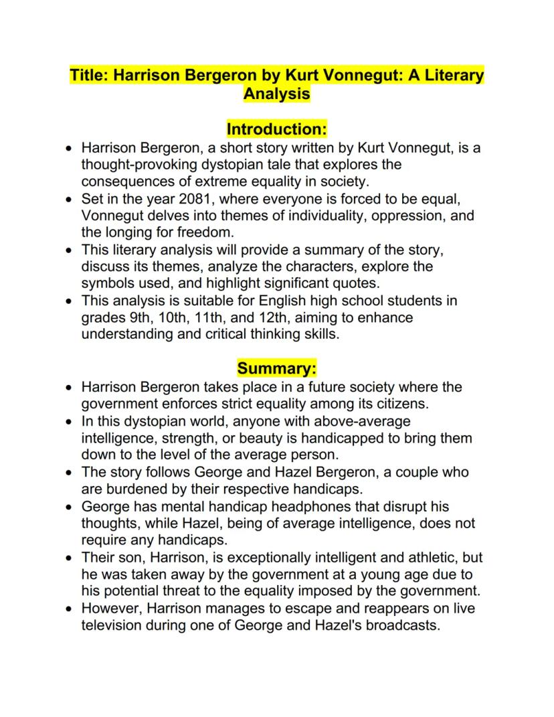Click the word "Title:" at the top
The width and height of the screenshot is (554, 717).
pyautogui.click(x=90, y=75)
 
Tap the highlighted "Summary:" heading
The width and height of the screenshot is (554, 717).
pyautogui.click(x=276, y=368)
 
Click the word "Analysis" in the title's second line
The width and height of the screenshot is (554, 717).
pyautogui.click(x=276, y=94)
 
